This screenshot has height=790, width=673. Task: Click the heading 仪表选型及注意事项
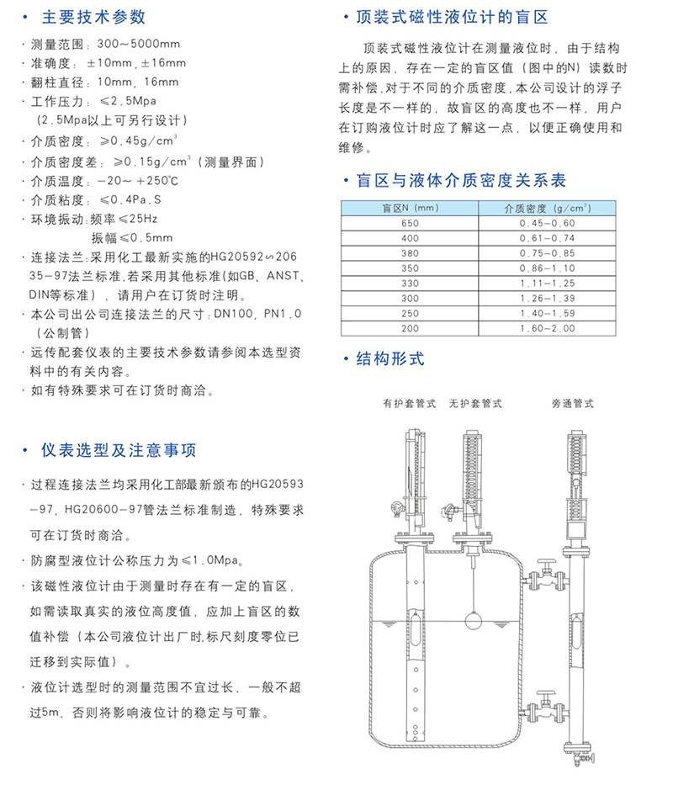point(119,451)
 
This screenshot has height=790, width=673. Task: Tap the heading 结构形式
point(390,359)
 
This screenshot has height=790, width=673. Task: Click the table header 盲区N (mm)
point(411,207)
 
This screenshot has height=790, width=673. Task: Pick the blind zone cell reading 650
point(410,223)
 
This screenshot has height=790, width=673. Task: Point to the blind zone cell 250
point(410,313)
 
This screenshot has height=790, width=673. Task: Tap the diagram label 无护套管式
point(475,404)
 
